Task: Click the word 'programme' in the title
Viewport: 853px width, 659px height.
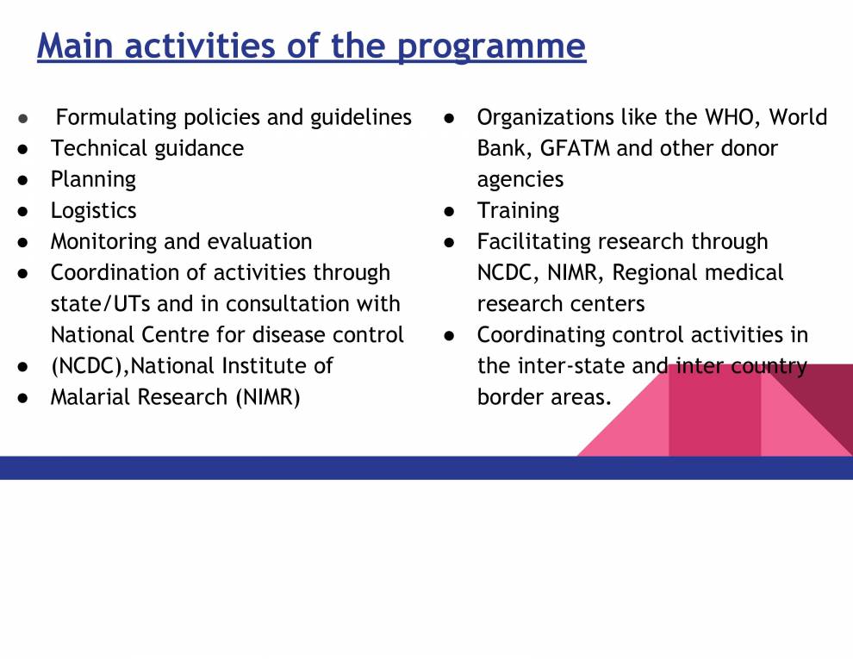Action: tap(491, 47)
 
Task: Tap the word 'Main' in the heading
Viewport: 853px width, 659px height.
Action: tap(75, 45)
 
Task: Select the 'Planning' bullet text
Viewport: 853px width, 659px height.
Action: tap(93, 179)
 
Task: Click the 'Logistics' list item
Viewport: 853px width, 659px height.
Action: tap(93, 210)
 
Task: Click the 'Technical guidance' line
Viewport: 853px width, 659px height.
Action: tap(146, 148)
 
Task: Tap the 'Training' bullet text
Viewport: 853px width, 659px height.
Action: tap(518, 210)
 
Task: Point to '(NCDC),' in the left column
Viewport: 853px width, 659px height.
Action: tap(90, 366)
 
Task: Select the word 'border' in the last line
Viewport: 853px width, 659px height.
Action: tap(511, 397)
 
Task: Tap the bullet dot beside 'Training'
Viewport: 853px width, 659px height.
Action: tap(449, 211)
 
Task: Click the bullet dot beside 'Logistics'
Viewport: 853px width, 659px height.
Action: tap(24, 211)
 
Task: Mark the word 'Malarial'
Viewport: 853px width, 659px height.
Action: tap(92, 397)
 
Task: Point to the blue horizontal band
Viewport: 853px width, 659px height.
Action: tap(345, 468)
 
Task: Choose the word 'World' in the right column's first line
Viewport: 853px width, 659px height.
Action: tap(798, 117)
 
